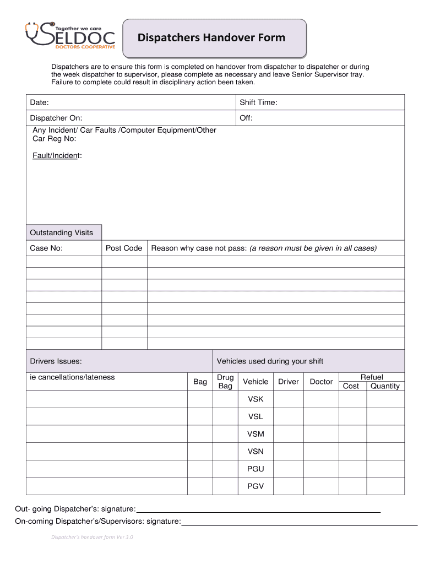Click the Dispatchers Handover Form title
tap(211, 37)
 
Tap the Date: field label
tap(39, 102)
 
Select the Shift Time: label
tap(258, 102)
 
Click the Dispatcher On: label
tap(56, 118)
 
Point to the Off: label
tap(246, 118)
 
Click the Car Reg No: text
tap(55, 139)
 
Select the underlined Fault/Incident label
tap(57, 156)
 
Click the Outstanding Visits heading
tap(61, 232)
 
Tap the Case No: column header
tap(46, 248)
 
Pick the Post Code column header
tap(124, 248)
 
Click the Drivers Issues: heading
tap(56, 361)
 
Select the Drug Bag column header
tap(225, 382)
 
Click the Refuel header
tap(372, 377)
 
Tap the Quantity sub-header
tap(385, 386)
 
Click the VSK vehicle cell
tap(256, 399)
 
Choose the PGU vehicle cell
tap(256, 469)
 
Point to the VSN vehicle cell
tap(256, 451)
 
